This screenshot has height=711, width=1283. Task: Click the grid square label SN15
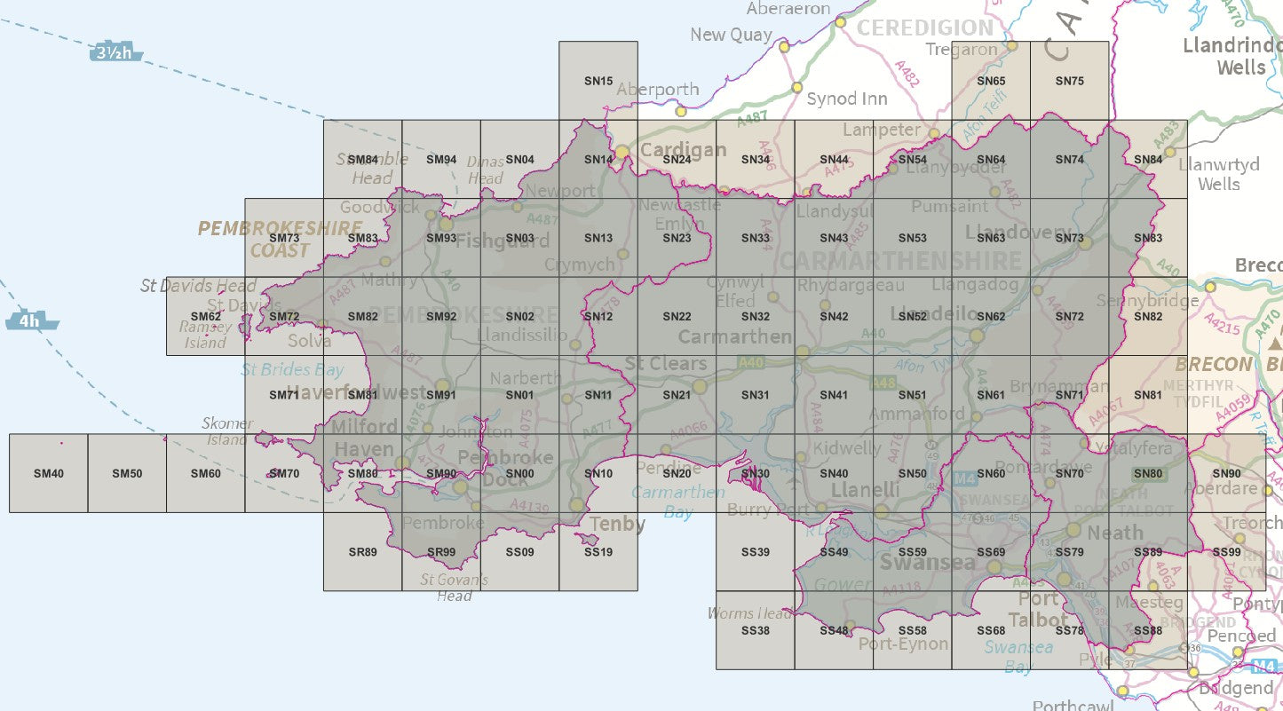[x=598, y=81]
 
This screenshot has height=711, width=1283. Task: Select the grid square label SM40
[x=48, y=474]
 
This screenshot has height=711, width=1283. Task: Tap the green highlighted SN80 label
[x=1148, y=474]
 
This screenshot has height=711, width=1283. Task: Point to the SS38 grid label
[x=755, y=630]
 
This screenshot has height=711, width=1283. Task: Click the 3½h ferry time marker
[x=115, y=53]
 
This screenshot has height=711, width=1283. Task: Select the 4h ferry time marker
[x=32, y=320]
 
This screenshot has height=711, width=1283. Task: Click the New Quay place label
[x=731, y=35]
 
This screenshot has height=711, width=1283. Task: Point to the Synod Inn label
[x=846, y=99]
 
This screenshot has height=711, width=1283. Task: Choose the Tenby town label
[x=617, y=524]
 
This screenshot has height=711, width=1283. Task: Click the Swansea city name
[x=927, y=564]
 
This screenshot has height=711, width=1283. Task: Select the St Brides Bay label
[x=292, y=369]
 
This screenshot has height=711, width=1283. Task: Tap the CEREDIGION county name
[x=924, y=28]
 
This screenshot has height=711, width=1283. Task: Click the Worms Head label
[x=749, y=613]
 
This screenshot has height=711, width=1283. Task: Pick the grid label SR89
[x=363, y=552]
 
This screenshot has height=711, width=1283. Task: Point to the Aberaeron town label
[x=788, y=9]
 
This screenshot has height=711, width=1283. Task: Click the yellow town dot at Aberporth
[x=681, y=111]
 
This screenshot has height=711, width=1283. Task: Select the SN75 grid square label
[x=1069, y=81]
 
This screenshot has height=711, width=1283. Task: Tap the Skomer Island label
[x=227, y=431]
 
